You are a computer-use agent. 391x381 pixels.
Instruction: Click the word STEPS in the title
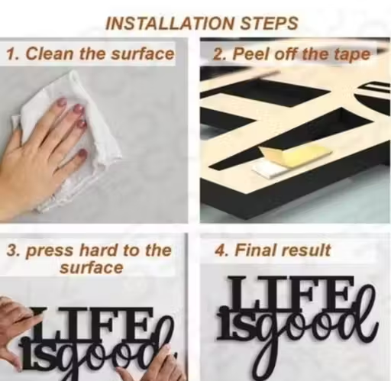click(x=269, y=24)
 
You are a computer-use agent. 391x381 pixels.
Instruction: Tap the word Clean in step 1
click(x=50, y=54)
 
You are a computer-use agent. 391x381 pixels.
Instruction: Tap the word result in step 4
click(x=306, y=250)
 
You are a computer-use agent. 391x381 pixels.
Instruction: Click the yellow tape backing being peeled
click(x=296, y=155)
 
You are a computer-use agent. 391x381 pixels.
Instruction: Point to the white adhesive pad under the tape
click(x=267, y=170)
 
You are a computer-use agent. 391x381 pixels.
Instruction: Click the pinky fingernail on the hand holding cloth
click(x=82, y=153)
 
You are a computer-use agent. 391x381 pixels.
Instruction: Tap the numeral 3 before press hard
click(x=11, y=250)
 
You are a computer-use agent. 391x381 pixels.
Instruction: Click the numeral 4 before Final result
click(x=219, y=250)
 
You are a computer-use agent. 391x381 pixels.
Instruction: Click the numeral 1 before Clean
click(x=11, y=54)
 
